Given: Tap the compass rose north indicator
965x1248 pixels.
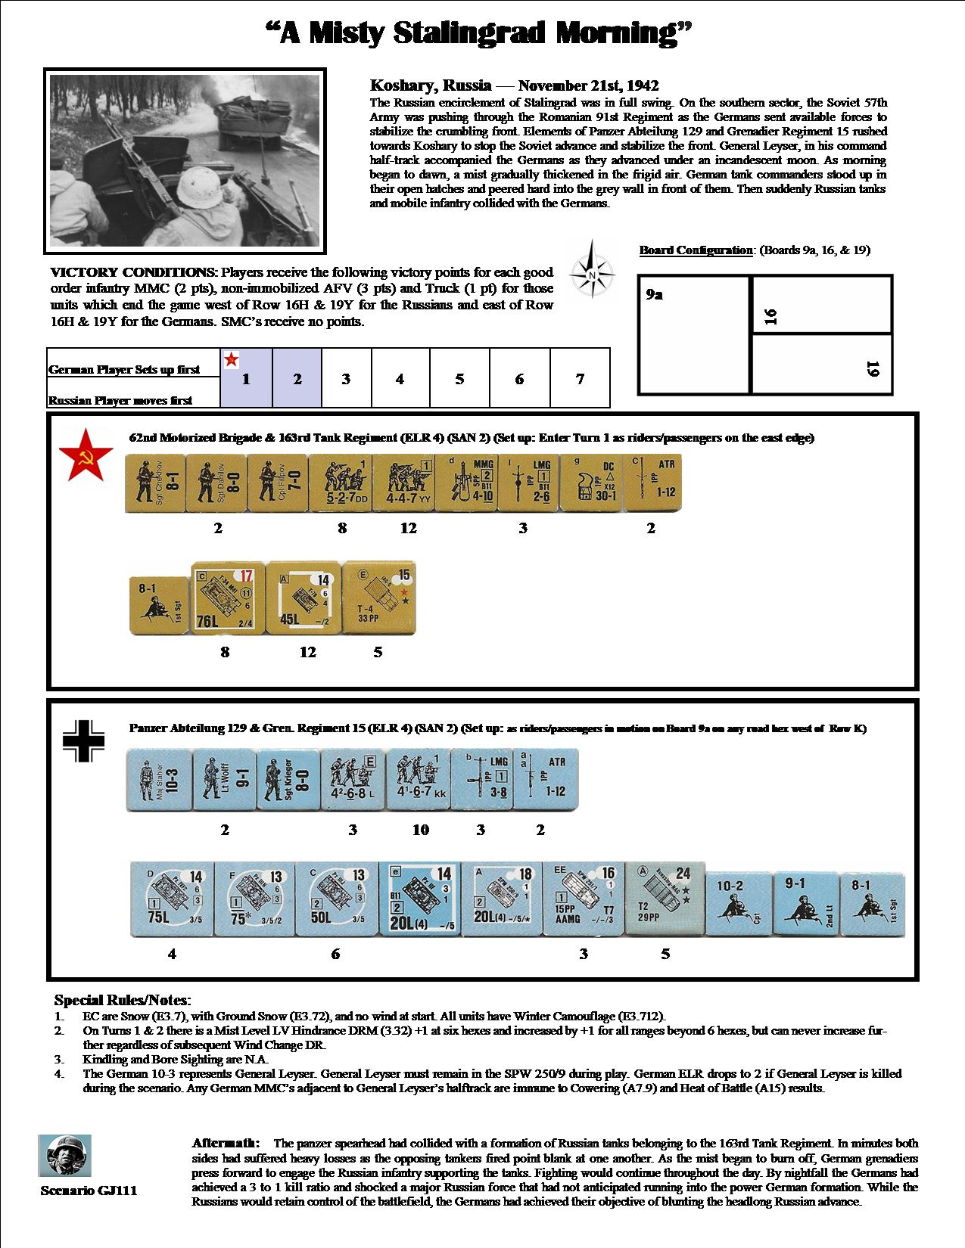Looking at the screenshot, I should [591, 269].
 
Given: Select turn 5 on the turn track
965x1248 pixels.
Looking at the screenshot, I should [459, 379].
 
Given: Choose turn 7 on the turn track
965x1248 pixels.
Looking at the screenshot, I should [580, 379].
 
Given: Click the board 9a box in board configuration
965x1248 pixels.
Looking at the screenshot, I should [694, 334].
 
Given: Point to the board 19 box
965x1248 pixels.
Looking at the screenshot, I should [823, 365].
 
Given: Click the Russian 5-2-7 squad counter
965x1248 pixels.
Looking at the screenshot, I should [342, 482].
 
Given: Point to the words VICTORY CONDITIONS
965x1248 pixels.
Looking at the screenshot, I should [132, 272].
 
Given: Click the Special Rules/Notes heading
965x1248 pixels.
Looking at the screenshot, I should [123, 1001].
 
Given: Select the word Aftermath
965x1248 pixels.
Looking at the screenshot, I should [226, 1143].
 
